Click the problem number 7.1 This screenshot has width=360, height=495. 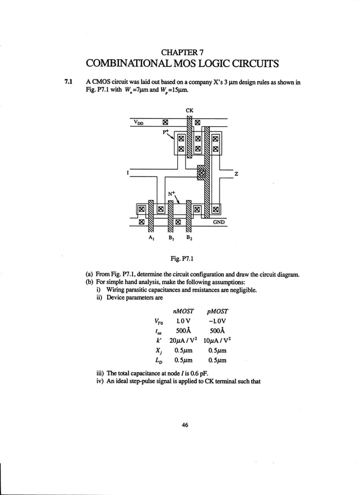pyautogui.click(x=70, y=82)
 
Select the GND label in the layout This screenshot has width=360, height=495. pyautogui.click(x=219, y=222)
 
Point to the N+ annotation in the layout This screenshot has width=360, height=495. pyautogui.click(x=172, y=194)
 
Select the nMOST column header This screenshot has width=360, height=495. pyautogui.click(x=184, y=311)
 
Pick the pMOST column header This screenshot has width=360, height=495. pyautogui.click(x=218, y=311)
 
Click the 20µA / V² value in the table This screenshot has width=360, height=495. pyautogui.click(x=184, y=340)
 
